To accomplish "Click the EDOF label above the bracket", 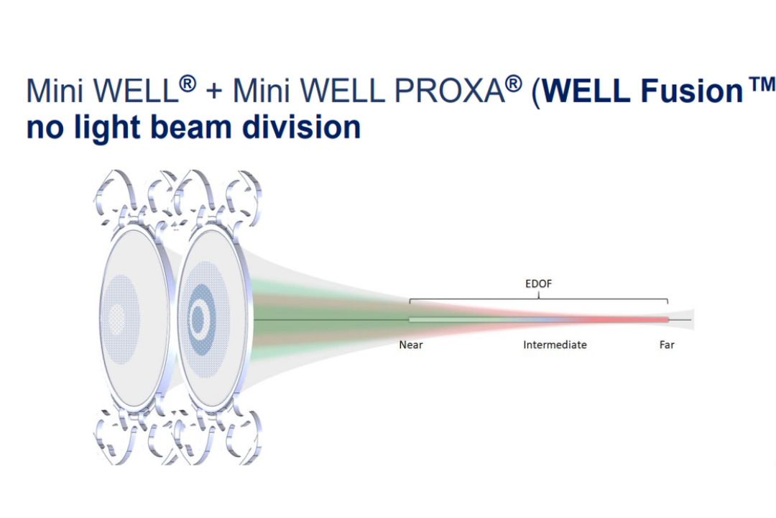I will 538,284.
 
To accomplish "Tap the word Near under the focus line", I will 411,345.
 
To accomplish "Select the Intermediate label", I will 555,345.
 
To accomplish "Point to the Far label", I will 667,345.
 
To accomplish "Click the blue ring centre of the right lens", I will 198,319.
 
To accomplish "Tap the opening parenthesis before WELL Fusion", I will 536,94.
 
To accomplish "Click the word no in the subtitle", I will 42,128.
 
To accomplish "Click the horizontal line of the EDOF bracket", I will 539,298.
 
